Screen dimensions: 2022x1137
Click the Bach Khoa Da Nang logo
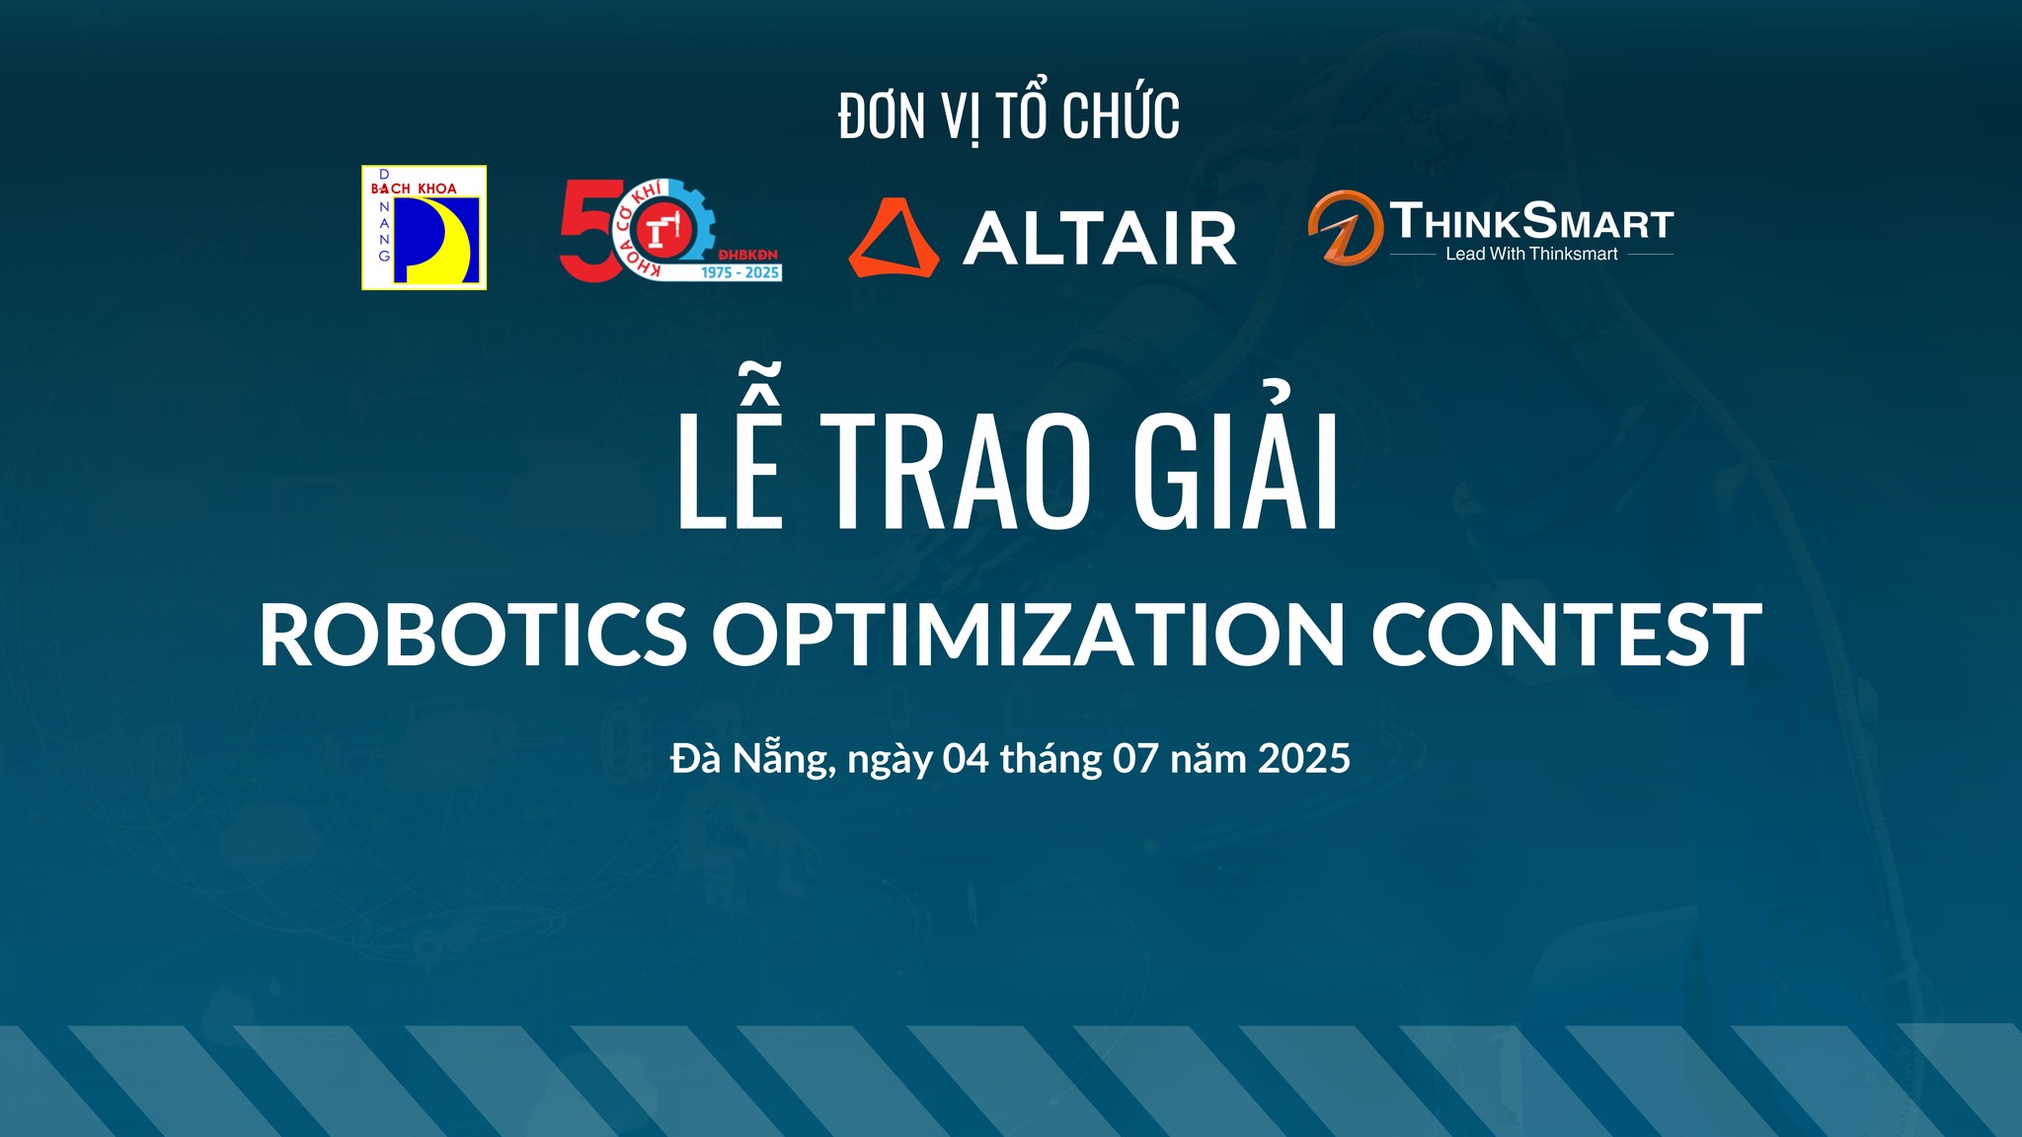tap(424, 227)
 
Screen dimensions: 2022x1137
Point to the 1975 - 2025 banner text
tap(740, 272)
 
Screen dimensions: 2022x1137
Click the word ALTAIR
tap(1099, 238)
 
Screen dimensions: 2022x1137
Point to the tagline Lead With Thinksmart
tap(1531, 255)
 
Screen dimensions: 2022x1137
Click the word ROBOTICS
tap(473, 635)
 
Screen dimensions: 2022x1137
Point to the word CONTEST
tap(1566, 635)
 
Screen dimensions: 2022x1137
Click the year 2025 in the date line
tap(1304, 759)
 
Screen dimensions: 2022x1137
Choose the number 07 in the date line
tap(1135, 759)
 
